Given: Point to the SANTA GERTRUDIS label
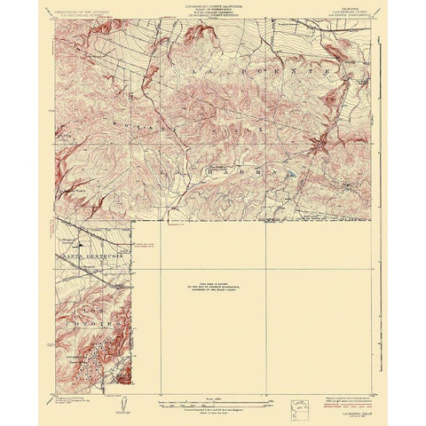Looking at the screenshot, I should point(89,257).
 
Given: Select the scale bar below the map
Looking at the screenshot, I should point(213,401).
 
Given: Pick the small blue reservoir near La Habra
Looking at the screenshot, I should point(291,177).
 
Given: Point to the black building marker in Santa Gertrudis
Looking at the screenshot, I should point(81,245).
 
